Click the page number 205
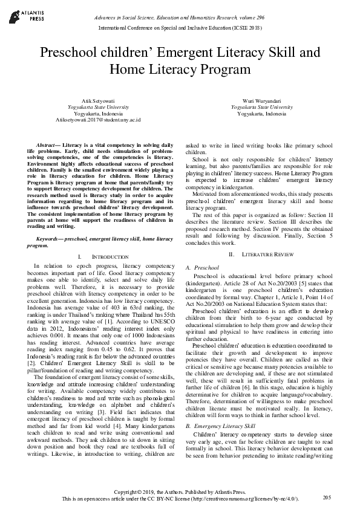327,497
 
